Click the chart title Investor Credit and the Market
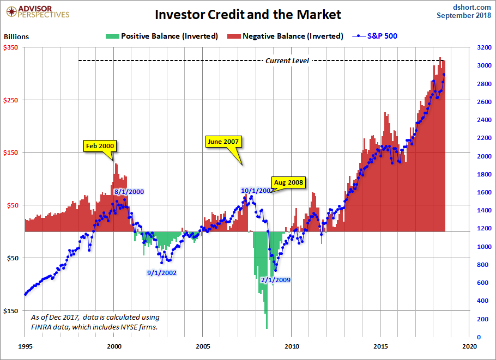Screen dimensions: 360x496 point(247,14)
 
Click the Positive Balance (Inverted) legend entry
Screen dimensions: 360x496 point(163,36)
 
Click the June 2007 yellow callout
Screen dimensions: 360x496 point(223,142)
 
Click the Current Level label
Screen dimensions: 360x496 point(287,60)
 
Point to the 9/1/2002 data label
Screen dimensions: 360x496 point(162,273)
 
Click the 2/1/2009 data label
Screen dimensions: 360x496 point(275,280)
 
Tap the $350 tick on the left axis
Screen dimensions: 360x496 point(11,48)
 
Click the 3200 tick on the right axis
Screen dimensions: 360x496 point(482,48)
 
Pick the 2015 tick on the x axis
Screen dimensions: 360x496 point(380,346)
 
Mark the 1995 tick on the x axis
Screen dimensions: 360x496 point(25,346)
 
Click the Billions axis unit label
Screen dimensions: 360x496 point(16,37)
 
